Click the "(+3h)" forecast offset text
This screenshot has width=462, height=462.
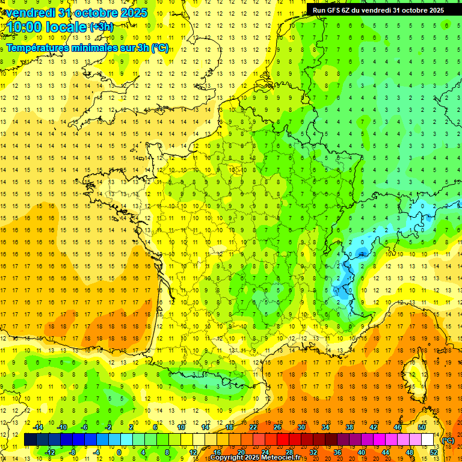coord(100,27)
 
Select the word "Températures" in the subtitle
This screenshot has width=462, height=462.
coord(37,48)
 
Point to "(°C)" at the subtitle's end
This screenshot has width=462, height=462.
coord(160,48)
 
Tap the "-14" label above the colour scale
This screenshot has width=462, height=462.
coord(38,427)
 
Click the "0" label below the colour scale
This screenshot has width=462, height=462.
coord(119,452)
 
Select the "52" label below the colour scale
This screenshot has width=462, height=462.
coord(434,452)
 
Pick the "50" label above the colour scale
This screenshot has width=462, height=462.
coord(422,427)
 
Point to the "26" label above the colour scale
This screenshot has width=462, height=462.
coord(277,427)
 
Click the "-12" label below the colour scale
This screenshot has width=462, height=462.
coord(50,452)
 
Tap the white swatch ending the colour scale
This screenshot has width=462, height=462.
coord(428,440)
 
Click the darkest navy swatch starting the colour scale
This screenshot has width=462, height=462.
coord(30,440)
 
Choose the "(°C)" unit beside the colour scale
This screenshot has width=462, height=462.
coord(448,440)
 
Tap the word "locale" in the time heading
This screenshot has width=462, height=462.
coord(67,28)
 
